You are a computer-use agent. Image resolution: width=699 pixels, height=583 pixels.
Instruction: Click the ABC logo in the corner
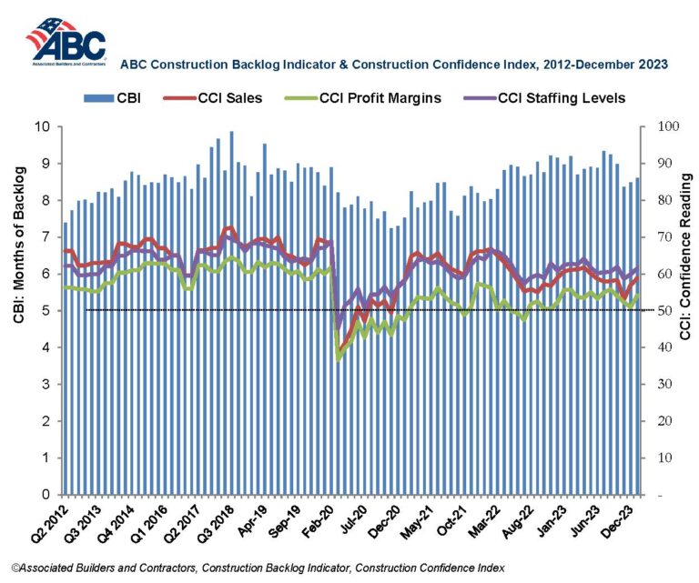[x=66, y=41]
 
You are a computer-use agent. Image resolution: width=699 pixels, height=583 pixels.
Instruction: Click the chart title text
[x=396, y=65]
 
